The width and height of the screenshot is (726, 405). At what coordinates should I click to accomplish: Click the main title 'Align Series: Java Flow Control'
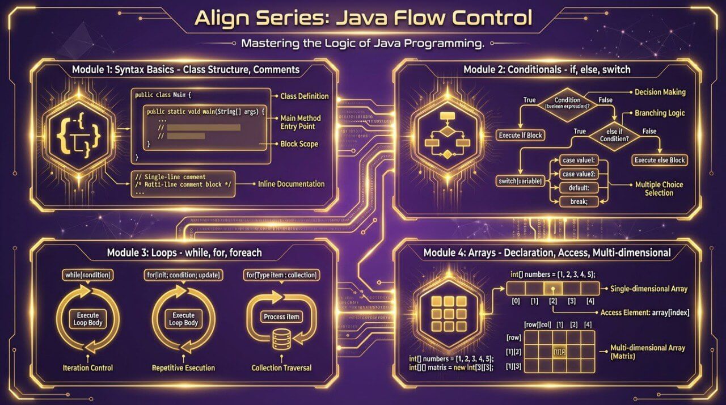[363, 18]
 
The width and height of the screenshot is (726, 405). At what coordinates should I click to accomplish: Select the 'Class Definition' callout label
[305, 96]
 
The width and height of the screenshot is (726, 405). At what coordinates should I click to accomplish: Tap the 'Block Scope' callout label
[299, 144]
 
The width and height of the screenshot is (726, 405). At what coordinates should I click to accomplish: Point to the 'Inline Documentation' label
[291, 184]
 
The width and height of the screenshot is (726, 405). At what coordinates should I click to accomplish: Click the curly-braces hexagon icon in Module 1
[80, 134]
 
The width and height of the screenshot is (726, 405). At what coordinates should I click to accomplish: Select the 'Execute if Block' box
[520, 135]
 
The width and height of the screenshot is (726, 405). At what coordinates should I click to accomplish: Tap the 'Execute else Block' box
[659, 160]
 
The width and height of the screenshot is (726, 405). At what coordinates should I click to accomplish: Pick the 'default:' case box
[576, 188]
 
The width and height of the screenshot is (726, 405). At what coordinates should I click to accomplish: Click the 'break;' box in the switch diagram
[576, 201]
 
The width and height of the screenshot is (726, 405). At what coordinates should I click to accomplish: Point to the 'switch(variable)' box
[519, 181]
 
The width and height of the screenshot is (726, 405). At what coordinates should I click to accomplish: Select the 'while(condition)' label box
[87, 275]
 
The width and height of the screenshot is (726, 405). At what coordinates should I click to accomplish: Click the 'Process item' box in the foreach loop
[282, 317]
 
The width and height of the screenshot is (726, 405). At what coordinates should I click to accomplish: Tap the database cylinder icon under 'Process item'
[281, 340]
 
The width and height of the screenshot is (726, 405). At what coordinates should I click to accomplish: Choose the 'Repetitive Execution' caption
[183, 368]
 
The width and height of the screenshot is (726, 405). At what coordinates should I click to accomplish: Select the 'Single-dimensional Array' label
[649, 289]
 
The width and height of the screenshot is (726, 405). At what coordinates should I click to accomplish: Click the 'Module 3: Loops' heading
[184, 252]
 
